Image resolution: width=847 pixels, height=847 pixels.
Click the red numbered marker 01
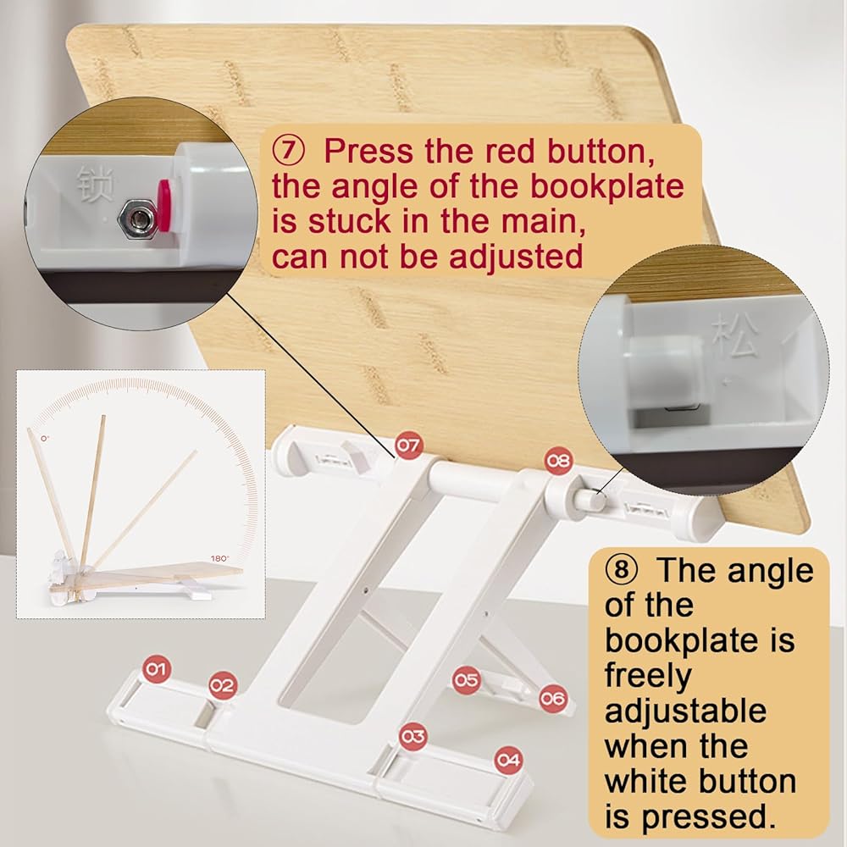point(156,669)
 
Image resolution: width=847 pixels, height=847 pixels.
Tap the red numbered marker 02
point(223,685)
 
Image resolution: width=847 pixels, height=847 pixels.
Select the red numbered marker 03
point(413,736)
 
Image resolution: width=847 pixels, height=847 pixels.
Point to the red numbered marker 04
point(508,761)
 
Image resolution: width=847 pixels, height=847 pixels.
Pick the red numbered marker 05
point(466,679)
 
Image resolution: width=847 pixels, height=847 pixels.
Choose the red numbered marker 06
point(552,699)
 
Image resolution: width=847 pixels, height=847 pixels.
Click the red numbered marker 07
point(408,446)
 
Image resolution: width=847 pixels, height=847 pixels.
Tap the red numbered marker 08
point(558,461)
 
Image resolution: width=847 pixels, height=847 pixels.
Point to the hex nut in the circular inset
point(138,219)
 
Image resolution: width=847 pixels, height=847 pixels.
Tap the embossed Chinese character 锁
point(95,184)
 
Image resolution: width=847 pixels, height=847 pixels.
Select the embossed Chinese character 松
point(734,337)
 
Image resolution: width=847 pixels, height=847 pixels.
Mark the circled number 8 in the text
point(621,570)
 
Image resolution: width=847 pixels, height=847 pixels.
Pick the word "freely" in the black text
point(648,675)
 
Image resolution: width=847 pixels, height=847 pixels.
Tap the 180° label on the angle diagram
point(220,558)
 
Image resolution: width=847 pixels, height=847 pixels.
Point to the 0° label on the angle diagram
point(45,438)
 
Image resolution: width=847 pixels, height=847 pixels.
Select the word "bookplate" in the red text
point(606,187)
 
